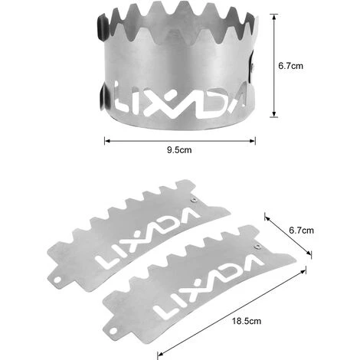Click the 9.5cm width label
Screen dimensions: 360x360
click(x=179, y=150)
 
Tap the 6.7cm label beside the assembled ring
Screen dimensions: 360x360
click(x=290, y=66)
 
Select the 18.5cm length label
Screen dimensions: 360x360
click(x=247, y=321)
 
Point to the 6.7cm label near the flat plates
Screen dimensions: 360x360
click(x=301, y=231)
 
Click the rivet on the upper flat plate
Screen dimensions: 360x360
click(x=194, y=200)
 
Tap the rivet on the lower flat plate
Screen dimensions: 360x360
click(x=258, y=247)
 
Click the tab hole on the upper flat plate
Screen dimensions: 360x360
click(x=57, y=280)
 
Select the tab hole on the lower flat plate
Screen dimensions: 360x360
click(x=113, y=331)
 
